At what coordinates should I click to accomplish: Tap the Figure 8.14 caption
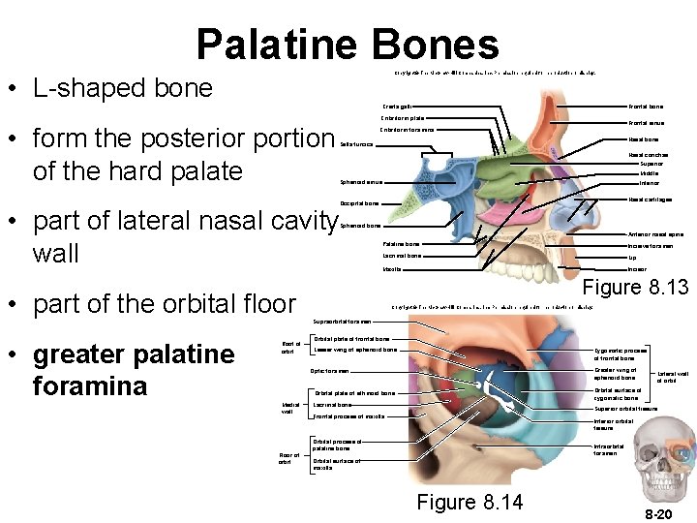point(470,502)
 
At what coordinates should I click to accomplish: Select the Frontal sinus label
point(646,123)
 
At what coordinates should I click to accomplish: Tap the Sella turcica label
point(356,144)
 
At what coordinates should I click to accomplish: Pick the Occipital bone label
point(359,203)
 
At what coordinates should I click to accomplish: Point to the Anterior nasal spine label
point(655,234)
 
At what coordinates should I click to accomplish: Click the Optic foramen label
point(329,371)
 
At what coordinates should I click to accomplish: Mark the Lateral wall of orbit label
point(673,378)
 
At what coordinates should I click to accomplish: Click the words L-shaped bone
point(122,89)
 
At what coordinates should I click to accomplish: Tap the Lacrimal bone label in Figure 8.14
point(332,404)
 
